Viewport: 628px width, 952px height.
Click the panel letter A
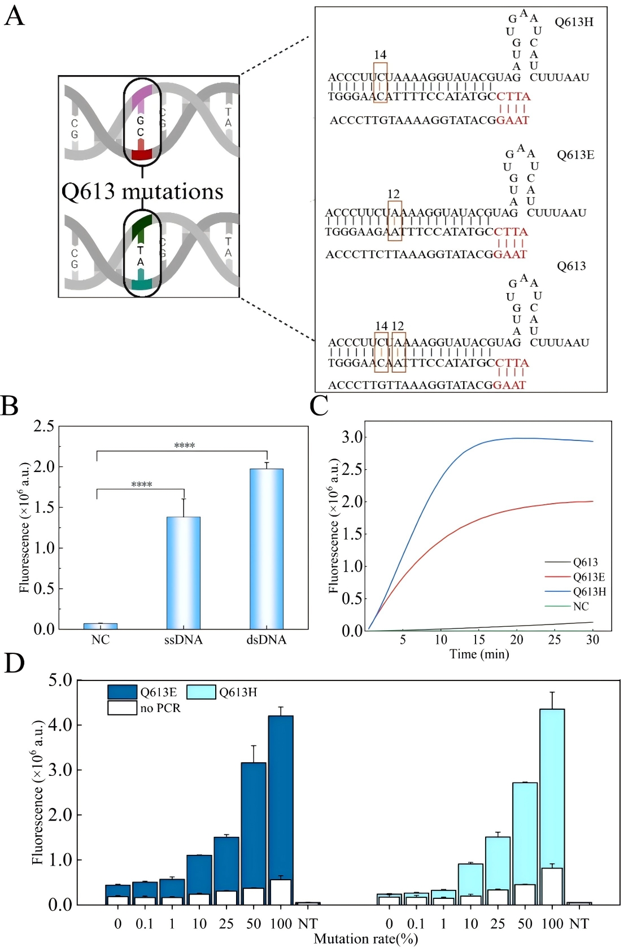pos(14,16)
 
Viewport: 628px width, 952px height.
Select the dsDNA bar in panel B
pos(267,548)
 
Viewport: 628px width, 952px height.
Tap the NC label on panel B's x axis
pos(100,640)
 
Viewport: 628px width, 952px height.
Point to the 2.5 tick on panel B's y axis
pos(43,426)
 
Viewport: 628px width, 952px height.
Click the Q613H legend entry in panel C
pos(589,592)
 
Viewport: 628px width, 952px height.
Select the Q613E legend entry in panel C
pos(588,577)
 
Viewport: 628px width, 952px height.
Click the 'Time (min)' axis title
pos(479,654)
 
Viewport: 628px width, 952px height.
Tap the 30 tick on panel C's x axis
pos(592,639)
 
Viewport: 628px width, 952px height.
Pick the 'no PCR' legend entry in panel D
pos(160,708)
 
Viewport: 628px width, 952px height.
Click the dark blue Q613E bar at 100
pos(281,796)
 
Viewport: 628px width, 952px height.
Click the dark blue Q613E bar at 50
pos(254,824)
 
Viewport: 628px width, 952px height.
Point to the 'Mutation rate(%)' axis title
pos(365,938)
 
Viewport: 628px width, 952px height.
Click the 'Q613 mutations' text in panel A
pos(142,191)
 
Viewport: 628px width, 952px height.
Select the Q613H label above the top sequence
pos(574,22)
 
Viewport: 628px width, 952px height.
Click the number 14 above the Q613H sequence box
pos(380,55)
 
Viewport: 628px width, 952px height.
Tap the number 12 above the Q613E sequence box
pos(394,194)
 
